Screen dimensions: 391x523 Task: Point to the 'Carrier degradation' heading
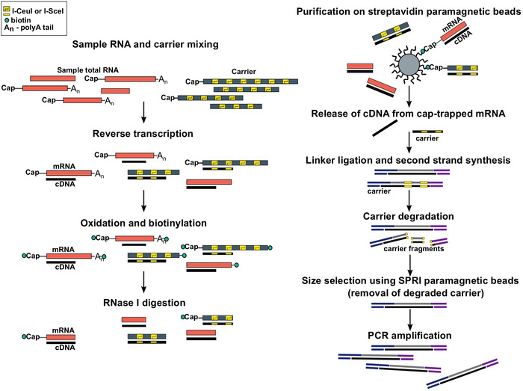pyautogui.click(x=409, y=215)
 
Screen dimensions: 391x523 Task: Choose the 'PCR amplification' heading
pyautogui.click(x=409, y=336)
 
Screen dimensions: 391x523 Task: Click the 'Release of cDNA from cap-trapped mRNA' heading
pyautogui.click(x=409, y=113)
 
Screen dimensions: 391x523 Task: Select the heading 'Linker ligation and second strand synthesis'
pyautogui.click(x=409, y=161)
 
